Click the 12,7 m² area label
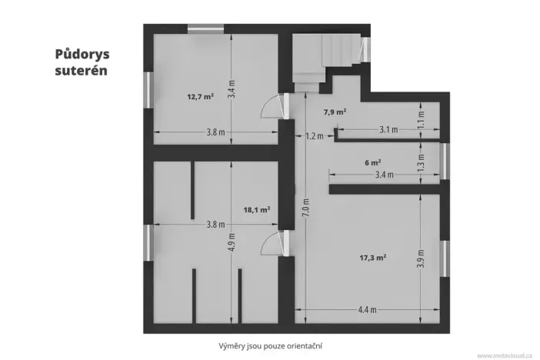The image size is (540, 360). [x=200, y=97]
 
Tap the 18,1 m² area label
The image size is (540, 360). [x=255, y=208]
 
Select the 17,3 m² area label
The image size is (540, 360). [x=372, y=258]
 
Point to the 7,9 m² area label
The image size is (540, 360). [x=335, y=112]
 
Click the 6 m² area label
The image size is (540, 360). [x=372, y=162]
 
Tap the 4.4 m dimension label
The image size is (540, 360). [x=367, y=310]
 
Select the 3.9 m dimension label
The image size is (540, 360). [x=420, y=258]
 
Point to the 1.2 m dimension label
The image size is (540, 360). [x=314, y=136]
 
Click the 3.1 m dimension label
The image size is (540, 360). [x=388, y=130]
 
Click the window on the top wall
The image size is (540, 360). [x=206, y=29]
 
